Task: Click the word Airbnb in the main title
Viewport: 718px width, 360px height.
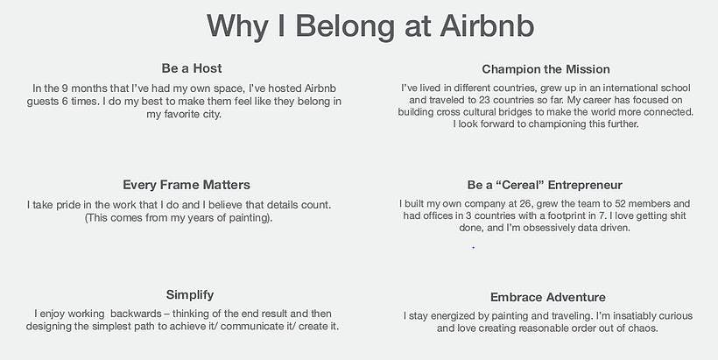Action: pos(487,25)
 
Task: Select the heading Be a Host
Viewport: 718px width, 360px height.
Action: pos(192,68)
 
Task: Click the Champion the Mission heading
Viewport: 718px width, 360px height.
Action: pos(546,69)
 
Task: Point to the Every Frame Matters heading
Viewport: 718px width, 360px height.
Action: pos(187,185)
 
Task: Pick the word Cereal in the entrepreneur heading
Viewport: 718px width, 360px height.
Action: pos(520,185)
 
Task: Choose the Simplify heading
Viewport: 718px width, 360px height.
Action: pos(190,295)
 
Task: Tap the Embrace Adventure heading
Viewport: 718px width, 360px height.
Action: pos(548,297)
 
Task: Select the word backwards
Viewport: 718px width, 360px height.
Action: pos(136,314)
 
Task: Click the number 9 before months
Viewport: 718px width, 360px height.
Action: pos(65,88)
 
